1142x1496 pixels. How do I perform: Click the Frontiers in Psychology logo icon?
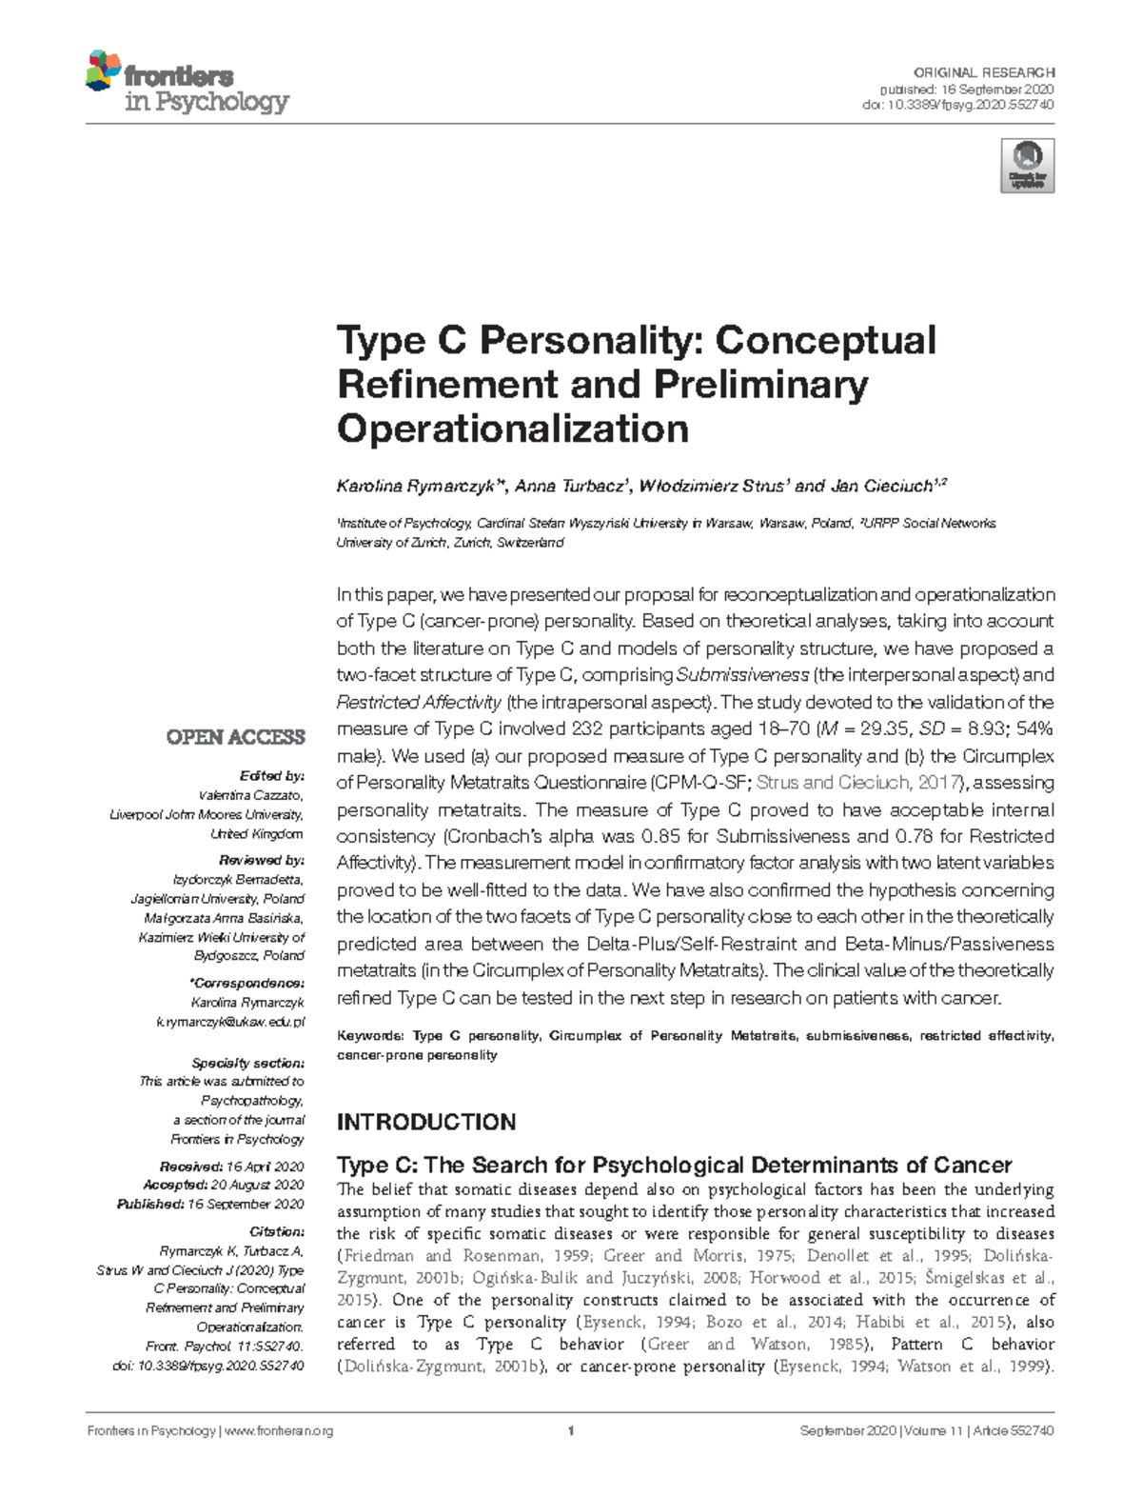[104, 71]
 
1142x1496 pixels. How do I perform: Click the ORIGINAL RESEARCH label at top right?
[983, 72]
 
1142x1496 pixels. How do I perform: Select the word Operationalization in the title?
[513, 429]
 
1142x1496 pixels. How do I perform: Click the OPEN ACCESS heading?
[235, 737]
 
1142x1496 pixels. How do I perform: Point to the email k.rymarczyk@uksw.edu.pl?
[230, 1022]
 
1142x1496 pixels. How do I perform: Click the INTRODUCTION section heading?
[426, 1122]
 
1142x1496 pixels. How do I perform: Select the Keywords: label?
[371, 1036]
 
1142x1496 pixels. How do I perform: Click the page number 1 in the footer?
[570, 1431]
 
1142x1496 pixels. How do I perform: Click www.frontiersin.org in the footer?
[279, 1431]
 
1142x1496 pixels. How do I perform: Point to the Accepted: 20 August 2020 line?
[224, 1185]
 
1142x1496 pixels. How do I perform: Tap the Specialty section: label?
[247, 1063]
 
